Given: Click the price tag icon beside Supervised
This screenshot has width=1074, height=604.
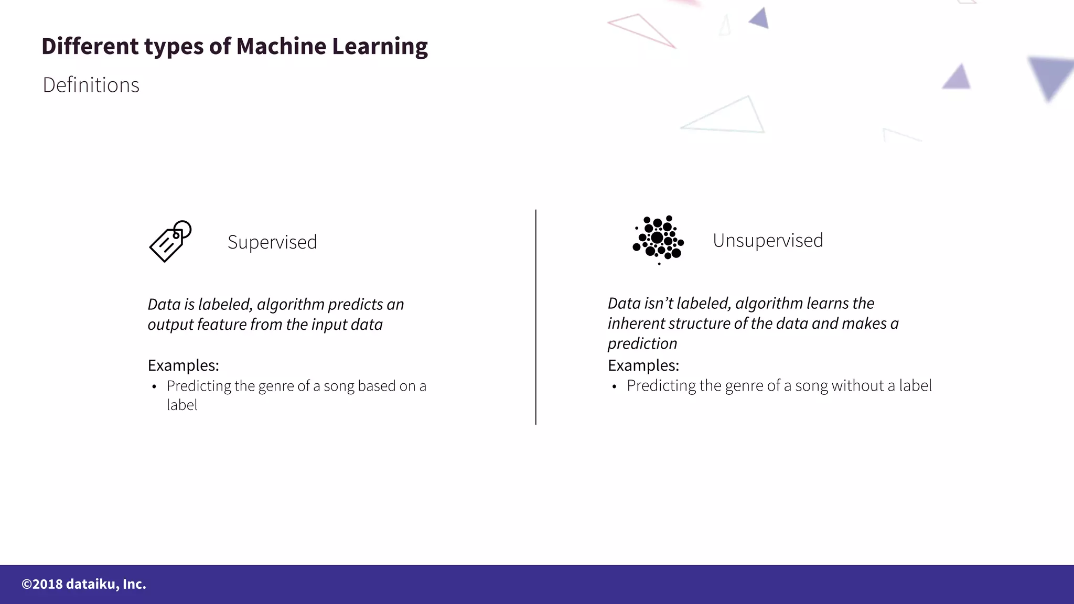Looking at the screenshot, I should tap(170, 241).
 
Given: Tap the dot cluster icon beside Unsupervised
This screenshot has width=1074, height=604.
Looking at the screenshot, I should tap(658, 240).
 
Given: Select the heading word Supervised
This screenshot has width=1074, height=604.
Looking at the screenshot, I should tap(272, 242).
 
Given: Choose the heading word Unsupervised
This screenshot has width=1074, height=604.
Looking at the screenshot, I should tap(768, 241).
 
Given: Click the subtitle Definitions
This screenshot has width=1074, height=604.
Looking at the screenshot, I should tap(91, 85).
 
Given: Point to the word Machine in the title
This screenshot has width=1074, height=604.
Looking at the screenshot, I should tap(281, 46).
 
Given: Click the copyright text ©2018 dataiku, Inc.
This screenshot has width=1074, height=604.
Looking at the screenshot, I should tap(84, 584).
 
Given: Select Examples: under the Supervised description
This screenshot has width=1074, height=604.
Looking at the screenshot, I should tap(183, 365).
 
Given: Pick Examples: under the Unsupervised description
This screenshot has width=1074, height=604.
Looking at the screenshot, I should tap(643, 365).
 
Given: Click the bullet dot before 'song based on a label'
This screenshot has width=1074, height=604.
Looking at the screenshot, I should tap(154, 387).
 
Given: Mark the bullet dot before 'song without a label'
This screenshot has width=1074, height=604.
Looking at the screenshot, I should tap(614, 387).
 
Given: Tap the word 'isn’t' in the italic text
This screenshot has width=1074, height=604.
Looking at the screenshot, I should tap(658, 303).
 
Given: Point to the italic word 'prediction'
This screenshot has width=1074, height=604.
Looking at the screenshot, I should tap(642, 343).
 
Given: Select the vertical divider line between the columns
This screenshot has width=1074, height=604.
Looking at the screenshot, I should tap(535, 317).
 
